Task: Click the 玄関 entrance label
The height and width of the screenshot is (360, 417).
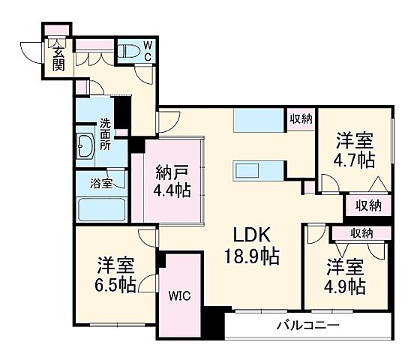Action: [58, 58]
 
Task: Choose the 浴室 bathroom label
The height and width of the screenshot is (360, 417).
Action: [101, 182]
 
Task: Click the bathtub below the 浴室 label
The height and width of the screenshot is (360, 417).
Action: [99, 207]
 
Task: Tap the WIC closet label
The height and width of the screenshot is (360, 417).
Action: [180, 295]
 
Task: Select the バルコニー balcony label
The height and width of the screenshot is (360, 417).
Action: [307, 325]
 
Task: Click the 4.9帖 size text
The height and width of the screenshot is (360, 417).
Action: [345, 286]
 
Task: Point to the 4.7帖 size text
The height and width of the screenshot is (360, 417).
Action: [355, 159]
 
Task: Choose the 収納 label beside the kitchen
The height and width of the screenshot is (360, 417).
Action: [301, 118]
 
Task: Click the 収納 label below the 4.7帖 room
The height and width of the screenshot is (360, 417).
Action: [368, 205]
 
